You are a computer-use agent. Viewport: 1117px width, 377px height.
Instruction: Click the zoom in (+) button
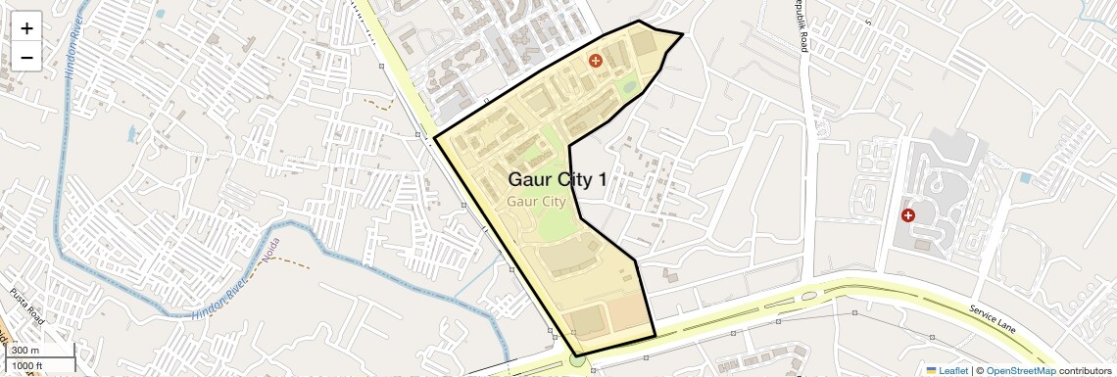[26, 28]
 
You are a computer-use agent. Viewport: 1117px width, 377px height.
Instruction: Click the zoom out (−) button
[26, 57]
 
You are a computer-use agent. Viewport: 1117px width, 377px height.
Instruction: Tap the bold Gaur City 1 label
[557, 180]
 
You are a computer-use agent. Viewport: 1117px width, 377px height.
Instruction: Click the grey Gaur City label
[536, 202]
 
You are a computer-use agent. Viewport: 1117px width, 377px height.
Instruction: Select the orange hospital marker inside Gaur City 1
[595, 61]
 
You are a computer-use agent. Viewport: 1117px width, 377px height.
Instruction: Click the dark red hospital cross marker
[908, 214]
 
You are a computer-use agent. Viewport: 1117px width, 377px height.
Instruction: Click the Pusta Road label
[26, 306]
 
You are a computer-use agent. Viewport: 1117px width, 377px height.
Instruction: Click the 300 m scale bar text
[25, 351]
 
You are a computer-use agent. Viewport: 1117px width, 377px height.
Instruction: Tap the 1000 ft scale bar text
[27, 365]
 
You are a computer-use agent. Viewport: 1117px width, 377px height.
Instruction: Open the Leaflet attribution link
[947, 370]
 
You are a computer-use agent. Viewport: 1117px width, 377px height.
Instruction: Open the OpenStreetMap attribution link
[1020, 370]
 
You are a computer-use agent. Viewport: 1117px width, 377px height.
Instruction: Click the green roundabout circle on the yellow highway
[577, 362]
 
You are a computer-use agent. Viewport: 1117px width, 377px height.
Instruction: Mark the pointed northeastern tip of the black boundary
[682, 34]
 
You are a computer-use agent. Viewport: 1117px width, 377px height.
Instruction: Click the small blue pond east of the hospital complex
[1025, 178]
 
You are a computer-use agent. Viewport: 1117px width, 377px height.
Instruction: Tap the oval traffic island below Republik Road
[808, 295]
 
